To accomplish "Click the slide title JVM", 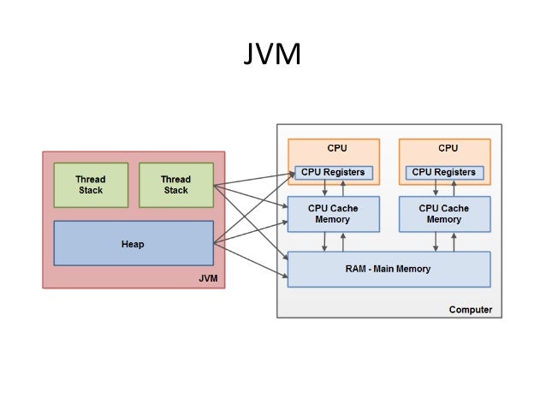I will tap(272, 56).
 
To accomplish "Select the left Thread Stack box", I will tap(91, 185).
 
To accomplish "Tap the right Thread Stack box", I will tap(175, 185).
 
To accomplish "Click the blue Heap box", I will tap(133, 244).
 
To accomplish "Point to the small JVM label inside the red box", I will tap(208, 278).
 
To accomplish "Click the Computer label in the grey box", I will tap(470, 309).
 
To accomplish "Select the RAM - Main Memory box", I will tap(389, 269).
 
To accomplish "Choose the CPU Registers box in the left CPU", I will tap(333, 172).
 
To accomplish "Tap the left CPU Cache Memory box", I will tap(333, 214).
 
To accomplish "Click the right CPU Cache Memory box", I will tap(444, 214).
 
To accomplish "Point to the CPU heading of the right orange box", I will tap(447, 148).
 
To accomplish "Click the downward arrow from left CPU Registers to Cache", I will tap(324, 188).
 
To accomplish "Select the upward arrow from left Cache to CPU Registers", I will tap(342, 188).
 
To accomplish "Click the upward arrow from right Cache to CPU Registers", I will tap(454, 188).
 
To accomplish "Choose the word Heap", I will tap(133, 244).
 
